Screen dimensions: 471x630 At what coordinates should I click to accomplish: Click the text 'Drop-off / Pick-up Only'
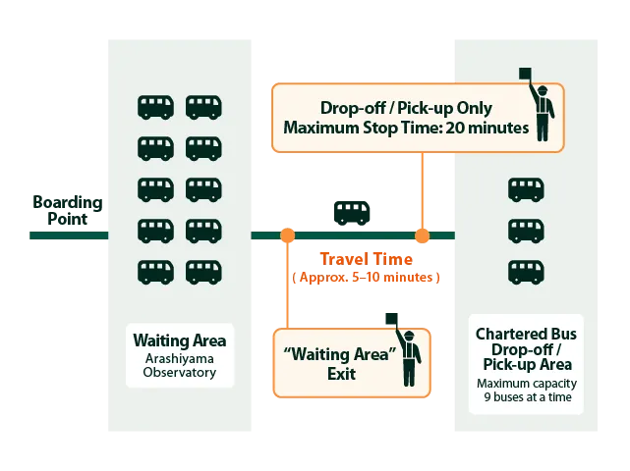[x=406, y=108]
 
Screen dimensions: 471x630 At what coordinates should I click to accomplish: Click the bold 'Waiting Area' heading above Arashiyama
[x=179, y=341]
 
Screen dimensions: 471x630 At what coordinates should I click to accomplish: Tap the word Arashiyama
[x=179, y=358]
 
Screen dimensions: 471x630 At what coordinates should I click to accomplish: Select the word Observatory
[x=179, y=373]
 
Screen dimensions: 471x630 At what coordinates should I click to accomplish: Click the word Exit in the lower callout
[x=342, y=374]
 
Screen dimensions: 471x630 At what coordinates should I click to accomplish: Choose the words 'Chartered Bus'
[x=526, y=335]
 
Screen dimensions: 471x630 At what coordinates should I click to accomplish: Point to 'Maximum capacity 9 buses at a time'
[x=526, y=392]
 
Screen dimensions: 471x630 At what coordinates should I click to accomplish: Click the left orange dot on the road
[x=287, y=235]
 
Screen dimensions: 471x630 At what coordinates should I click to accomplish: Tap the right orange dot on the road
[x=422, y=235]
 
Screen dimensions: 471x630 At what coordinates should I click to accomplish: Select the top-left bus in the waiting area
[x=155, y=107]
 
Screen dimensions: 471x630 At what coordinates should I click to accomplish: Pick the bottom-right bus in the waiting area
[x=204, y=271]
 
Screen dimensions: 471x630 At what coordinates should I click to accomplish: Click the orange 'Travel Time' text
[x=366, y=259]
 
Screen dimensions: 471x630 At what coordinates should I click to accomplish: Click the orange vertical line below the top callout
[x=422, y=191]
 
